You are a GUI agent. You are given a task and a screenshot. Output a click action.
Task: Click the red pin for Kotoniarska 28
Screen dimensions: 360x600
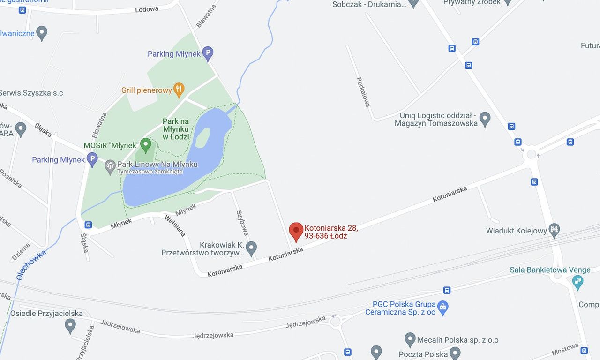(296, 231)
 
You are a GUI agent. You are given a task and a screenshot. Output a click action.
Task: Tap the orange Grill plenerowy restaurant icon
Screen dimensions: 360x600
(179, 89)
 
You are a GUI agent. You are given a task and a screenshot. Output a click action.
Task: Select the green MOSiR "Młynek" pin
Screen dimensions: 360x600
(146, 144)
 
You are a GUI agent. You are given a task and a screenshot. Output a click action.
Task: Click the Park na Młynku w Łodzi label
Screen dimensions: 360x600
(176, 129)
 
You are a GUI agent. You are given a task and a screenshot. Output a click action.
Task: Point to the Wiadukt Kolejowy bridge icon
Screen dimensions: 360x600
(555, 230)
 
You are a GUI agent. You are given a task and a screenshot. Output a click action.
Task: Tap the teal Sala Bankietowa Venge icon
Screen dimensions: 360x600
(578, 282)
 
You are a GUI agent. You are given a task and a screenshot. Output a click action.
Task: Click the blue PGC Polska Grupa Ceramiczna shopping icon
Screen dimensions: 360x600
(442, 307)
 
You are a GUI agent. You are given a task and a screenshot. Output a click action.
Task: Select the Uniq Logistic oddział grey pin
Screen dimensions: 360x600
(485, 119)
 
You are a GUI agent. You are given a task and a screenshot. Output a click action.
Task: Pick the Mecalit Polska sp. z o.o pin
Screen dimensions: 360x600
(410, 339)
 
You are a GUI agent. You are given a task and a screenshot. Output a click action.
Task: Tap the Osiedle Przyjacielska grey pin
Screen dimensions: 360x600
(70, 324)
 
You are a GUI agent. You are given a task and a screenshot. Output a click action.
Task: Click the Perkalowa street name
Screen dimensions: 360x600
(363, 92)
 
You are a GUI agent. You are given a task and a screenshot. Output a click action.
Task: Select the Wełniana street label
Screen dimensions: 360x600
(175, 225)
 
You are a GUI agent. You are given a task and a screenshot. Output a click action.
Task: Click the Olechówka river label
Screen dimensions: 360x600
(31, 265)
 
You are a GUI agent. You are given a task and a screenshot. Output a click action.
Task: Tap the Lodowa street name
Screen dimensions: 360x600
(147, 9)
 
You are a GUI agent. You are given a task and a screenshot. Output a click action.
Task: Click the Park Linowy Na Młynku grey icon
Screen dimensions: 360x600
(110, 166)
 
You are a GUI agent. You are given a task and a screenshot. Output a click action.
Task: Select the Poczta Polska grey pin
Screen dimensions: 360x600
(455, 352)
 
